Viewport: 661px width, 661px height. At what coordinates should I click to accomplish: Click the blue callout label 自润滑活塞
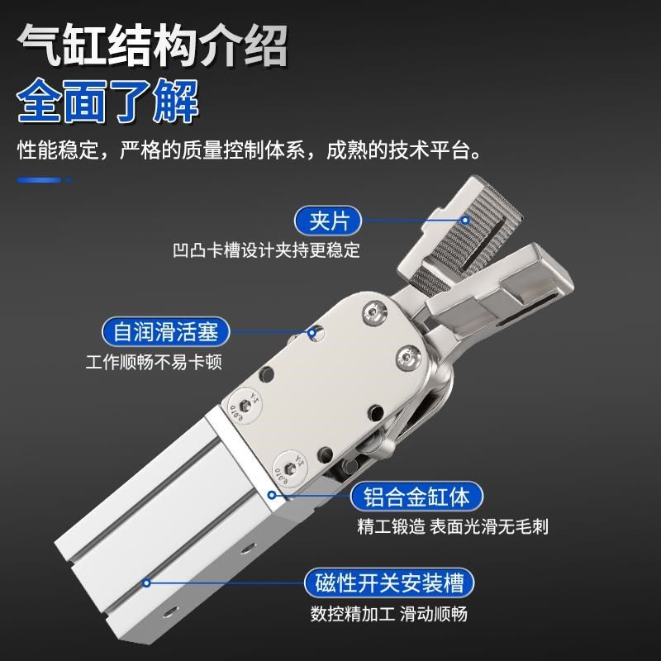pyautogui.click(x=165, y=333)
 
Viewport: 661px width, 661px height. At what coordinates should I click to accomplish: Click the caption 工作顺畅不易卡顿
pyautogui.click(x=154, y=362)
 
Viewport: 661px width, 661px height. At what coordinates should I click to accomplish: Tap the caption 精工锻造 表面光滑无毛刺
pyautogui.click(x=453, y=527)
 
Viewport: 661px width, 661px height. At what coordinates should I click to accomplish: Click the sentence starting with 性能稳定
pyautogui.click(x=249, y=152)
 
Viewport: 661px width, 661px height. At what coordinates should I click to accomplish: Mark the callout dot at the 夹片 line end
pyautogui.click(x=465, y=221)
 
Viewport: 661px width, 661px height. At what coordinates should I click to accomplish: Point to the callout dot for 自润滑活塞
pyautogui.click(x=313, y=334)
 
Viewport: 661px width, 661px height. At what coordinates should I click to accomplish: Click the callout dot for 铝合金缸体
pyautogui.click(x=272, y=496)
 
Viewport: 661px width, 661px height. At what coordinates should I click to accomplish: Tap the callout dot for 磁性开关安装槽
pyautogui.click(x=147, y=583)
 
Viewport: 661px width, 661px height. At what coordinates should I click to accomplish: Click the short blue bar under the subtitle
pyautogui.click(x=41, y=179)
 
